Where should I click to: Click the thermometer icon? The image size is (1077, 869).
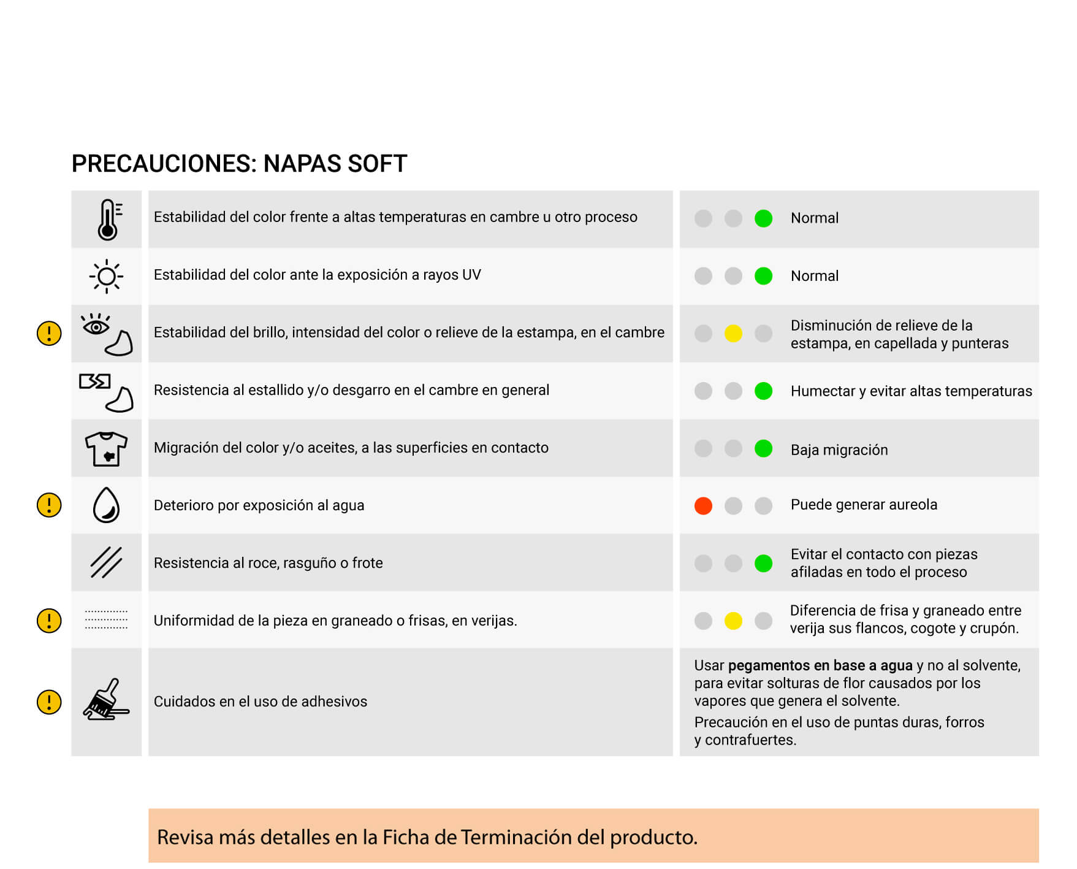pyautogui.click(x=108, y=219)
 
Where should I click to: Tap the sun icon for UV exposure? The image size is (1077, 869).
pyautogui.click(x=106, y=276)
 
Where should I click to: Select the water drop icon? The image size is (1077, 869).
pyautogui.click(x=106, y=505)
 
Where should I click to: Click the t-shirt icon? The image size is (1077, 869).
pyautogui.click(x=106, y=448)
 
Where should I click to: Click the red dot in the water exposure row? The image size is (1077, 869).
pyautogui.click(x=703, y=506)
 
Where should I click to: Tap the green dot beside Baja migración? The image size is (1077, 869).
pyautogui.click(x=763, y=448)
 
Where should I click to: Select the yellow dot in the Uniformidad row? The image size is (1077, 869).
pyautogui.click(x=733, y=621)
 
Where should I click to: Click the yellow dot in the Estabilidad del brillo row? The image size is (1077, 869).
pyautogui.click(x=733, y=334)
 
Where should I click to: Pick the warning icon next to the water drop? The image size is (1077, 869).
pyautogui.click(x=49, y=505)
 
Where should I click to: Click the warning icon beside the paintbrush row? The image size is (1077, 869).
pyautogui.click(x=49, y=702)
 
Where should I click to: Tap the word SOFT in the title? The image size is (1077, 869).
pyautogui.click(x=377, y=164)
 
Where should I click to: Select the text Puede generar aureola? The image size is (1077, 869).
pyautogui.click(x=864, y=505)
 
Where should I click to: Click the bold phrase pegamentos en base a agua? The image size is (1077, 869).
pyautogui.click(x=820, y=665)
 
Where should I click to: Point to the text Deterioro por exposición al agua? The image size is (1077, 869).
pyautogui.click(x=259, y=505)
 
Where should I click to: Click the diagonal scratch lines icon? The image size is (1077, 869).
pyautogui.click(x=106, y=562)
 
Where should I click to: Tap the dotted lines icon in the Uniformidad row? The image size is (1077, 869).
pyautogui.click(x=106, y=620)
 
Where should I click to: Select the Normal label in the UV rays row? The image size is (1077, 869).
pyautogui.click(x=814, y=276)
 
